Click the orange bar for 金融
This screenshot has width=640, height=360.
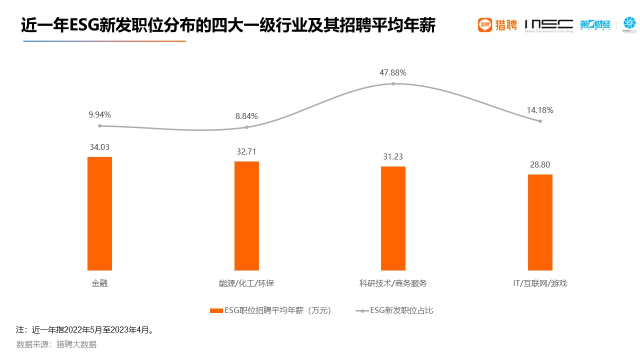click(99, 213)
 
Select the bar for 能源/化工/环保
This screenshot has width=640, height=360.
click(246, 215)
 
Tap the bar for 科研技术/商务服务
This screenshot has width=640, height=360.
click(393, 218)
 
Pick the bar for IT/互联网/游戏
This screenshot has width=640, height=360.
click(540, 222)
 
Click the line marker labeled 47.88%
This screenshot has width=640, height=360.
click(393, 83)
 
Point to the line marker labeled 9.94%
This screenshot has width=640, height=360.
click(100, 126)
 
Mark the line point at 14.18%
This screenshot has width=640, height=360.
click(540, 121)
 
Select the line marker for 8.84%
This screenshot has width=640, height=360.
click(246, 127)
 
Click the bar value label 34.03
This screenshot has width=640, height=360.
click(99, 147)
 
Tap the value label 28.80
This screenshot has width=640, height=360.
click(540, 164)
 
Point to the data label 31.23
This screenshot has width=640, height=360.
click(393, 156)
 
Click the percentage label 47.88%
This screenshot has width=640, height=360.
click(393, 72)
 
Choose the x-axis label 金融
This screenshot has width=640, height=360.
click(99, 283)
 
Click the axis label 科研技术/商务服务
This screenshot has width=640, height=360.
click(393, 283)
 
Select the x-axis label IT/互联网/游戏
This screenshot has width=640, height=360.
click(540, 283)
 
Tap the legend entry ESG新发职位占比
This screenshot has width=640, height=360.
click(394, 310)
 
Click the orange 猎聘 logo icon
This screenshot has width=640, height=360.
click(485, 25)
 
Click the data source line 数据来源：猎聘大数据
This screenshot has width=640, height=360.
click(56, 344)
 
